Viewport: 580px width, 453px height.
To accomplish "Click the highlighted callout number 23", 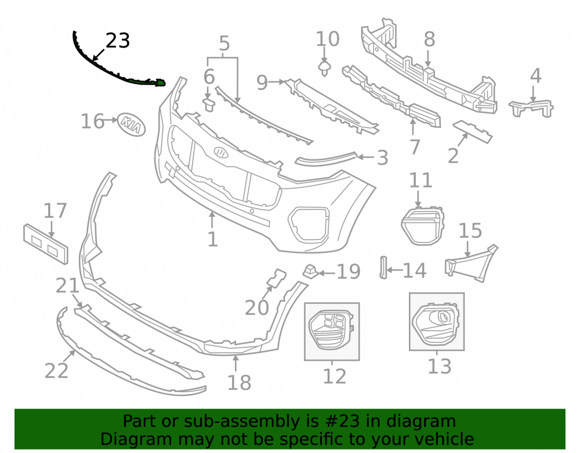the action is (118, 41).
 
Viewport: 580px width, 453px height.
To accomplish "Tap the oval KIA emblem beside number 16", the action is (132, 125).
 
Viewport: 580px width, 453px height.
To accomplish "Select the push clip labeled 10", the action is (324, 68).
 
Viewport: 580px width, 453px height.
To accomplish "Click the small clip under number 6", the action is (209, 104).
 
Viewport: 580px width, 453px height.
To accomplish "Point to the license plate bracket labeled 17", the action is (46, 244).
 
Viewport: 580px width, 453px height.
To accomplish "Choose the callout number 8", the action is (429, 39).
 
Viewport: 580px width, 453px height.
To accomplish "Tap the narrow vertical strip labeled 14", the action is (383, 267).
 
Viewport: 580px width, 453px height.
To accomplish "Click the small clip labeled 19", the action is (310, 271).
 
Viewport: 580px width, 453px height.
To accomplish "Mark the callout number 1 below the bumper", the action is (212, 239).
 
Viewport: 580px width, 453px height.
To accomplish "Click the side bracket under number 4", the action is (531, 108).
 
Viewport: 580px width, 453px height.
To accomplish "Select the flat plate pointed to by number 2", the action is (473, 131).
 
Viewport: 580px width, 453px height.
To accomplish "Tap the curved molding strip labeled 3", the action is (326, 158).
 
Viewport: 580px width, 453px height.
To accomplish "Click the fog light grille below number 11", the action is (422, 226).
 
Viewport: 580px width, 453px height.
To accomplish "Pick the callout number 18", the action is (239, 382).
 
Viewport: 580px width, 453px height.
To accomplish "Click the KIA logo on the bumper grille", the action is (221, 152).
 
